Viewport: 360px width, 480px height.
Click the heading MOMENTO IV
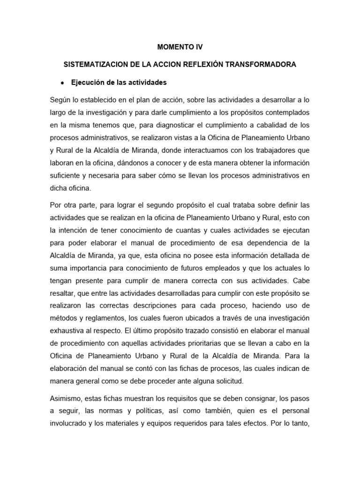pos(180,47)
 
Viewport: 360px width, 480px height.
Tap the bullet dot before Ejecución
pos(62,82)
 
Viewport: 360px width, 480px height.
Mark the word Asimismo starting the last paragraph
pos(66,399)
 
